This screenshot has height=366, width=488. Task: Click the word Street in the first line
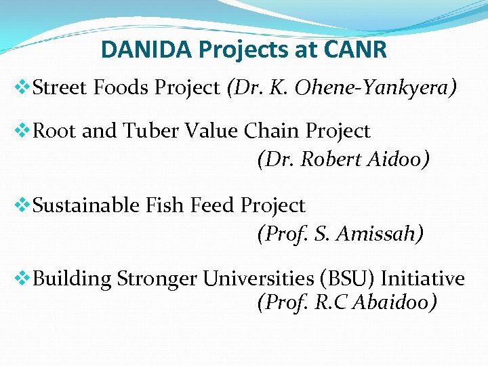(60, 87)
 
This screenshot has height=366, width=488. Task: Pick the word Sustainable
(86, 205)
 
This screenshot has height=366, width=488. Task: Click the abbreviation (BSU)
(352, 279)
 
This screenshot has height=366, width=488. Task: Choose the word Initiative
(423, 279)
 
